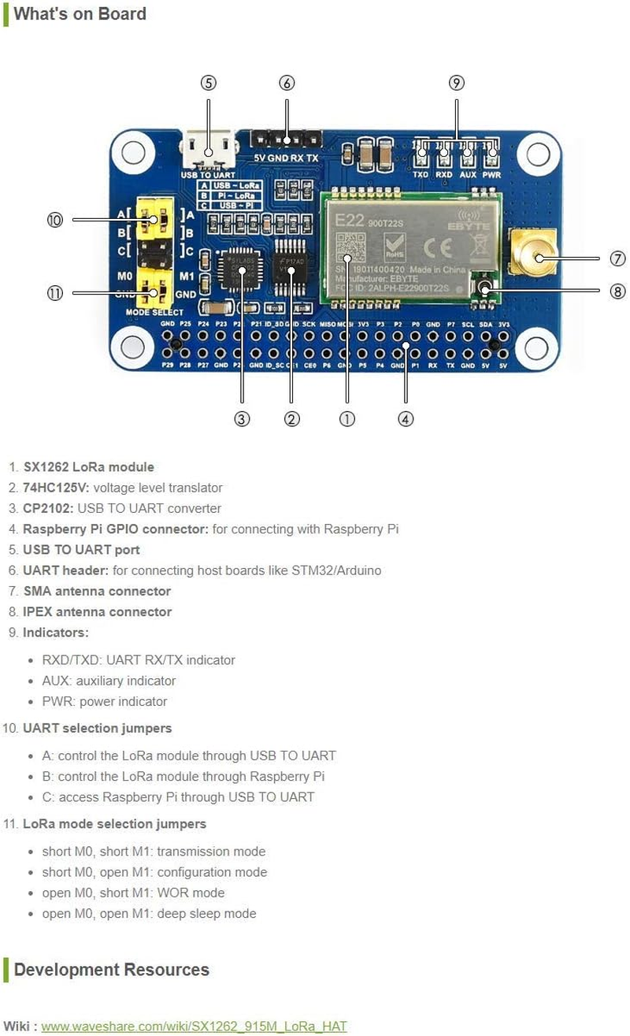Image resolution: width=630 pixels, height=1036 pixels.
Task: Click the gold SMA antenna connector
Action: [532, 253]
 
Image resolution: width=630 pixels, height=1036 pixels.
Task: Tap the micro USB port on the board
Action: [209, 147]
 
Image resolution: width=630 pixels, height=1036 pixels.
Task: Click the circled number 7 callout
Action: [617, 258]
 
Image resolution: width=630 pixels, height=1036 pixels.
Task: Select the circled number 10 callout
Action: [54, 220]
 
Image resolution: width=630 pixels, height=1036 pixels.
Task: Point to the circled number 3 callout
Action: [242, 419]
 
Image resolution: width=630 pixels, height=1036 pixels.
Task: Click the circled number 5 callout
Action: [208, 83]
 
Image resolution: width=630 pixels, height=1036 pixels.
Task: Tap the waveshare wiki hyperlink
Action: [194, 1026]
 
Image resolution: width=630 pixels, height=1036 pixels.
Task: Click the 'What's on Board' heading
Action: [80, 14]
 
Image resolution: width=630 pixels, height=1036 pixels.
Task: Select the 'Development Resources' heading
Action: [111, 969]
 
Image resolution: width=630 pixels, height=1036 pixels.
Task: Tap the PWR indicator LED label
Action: [491, 174]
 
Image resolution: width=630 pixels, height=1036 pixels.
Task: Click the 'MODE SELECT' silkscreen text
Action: [155, 313]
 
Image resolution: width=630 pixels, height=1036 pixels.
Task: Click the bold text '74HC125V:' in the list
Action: [56, 488]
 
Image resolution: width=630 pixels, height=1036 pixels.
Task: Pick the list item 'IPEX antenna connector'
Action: [97, 611]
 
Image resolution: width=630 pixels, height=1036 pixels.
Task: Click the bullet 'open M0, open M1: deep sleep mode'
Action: [149, 913]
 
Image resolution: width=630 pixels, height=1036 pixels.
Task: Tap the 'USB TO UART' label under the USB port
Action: [208, 174]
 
